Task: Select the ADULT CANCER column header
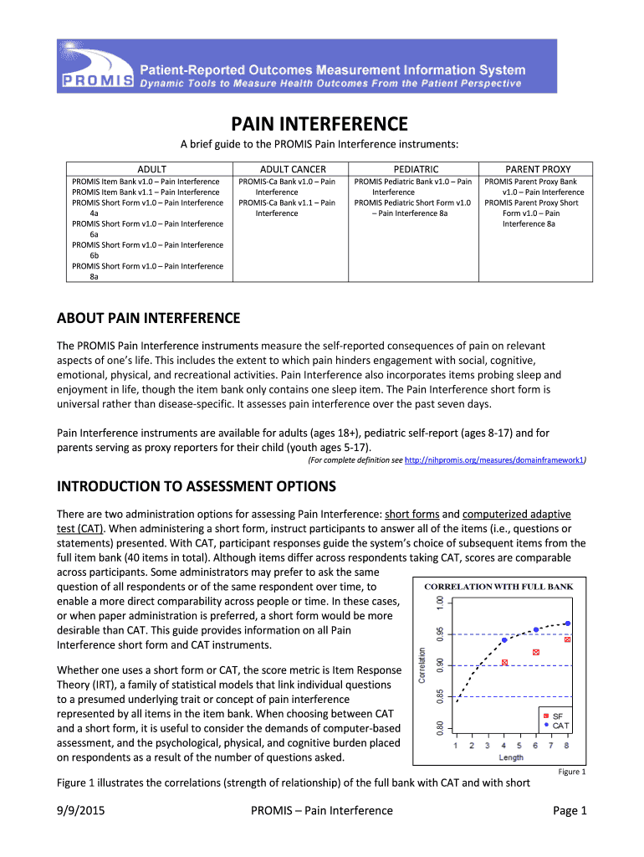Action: coord(289,169)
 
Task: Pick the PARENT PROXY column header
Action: coord(538,169)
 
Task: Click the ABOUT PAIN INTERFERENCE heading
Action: coord(148,318)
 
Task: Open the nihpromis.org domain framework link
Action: coord(494,460)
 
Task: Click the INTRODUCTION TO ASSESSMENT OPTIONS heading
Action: coord(196,486)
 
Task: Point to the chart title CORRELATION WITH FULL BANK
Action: coord(498,587)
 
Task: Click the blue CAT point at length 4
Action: coord(504,640)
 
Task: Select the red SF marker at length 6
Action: coord(536,652)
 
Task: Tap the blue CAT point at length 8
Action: coord(568,624)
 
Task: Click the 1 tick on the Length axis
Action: coord(456,745)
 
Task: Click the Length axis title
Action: coord(511,757)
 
